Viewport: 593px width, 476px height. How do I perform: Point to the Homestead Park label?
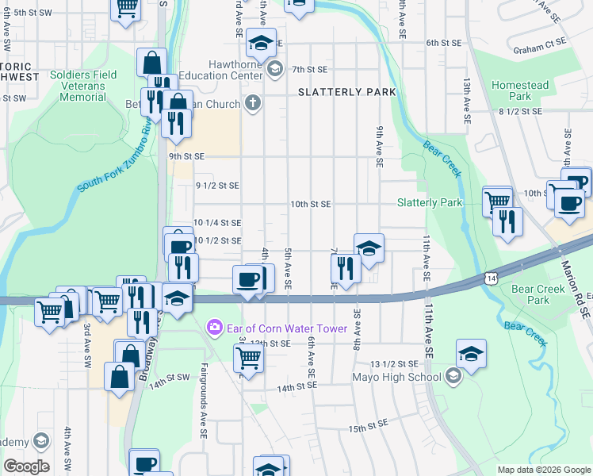tap(519, 90)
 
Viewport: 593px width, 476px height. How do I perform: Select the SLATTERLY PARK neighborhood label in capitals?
tap(346, 93)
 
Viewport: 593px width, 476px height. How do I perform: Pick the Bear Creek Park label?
tap(530, 294)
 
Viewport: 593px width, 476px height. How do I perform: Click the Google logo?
tap(26, 466)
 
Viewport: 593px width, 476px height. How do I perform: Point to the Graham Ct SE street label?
tap(539, 49)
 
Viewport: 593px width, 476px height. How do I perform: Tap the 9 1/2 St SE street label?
tap(216, 186)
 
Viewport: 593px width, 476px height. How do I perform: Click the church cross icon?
tap(253, 103)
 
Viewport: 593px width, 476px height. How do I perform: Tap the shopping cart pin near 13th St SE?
tap(249, 358)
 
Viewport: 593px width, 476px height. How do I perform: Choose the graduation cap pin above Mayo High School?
tap(471, 354)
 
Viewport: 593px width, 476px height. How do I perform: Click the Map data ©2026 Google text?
tap(543, 470)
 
